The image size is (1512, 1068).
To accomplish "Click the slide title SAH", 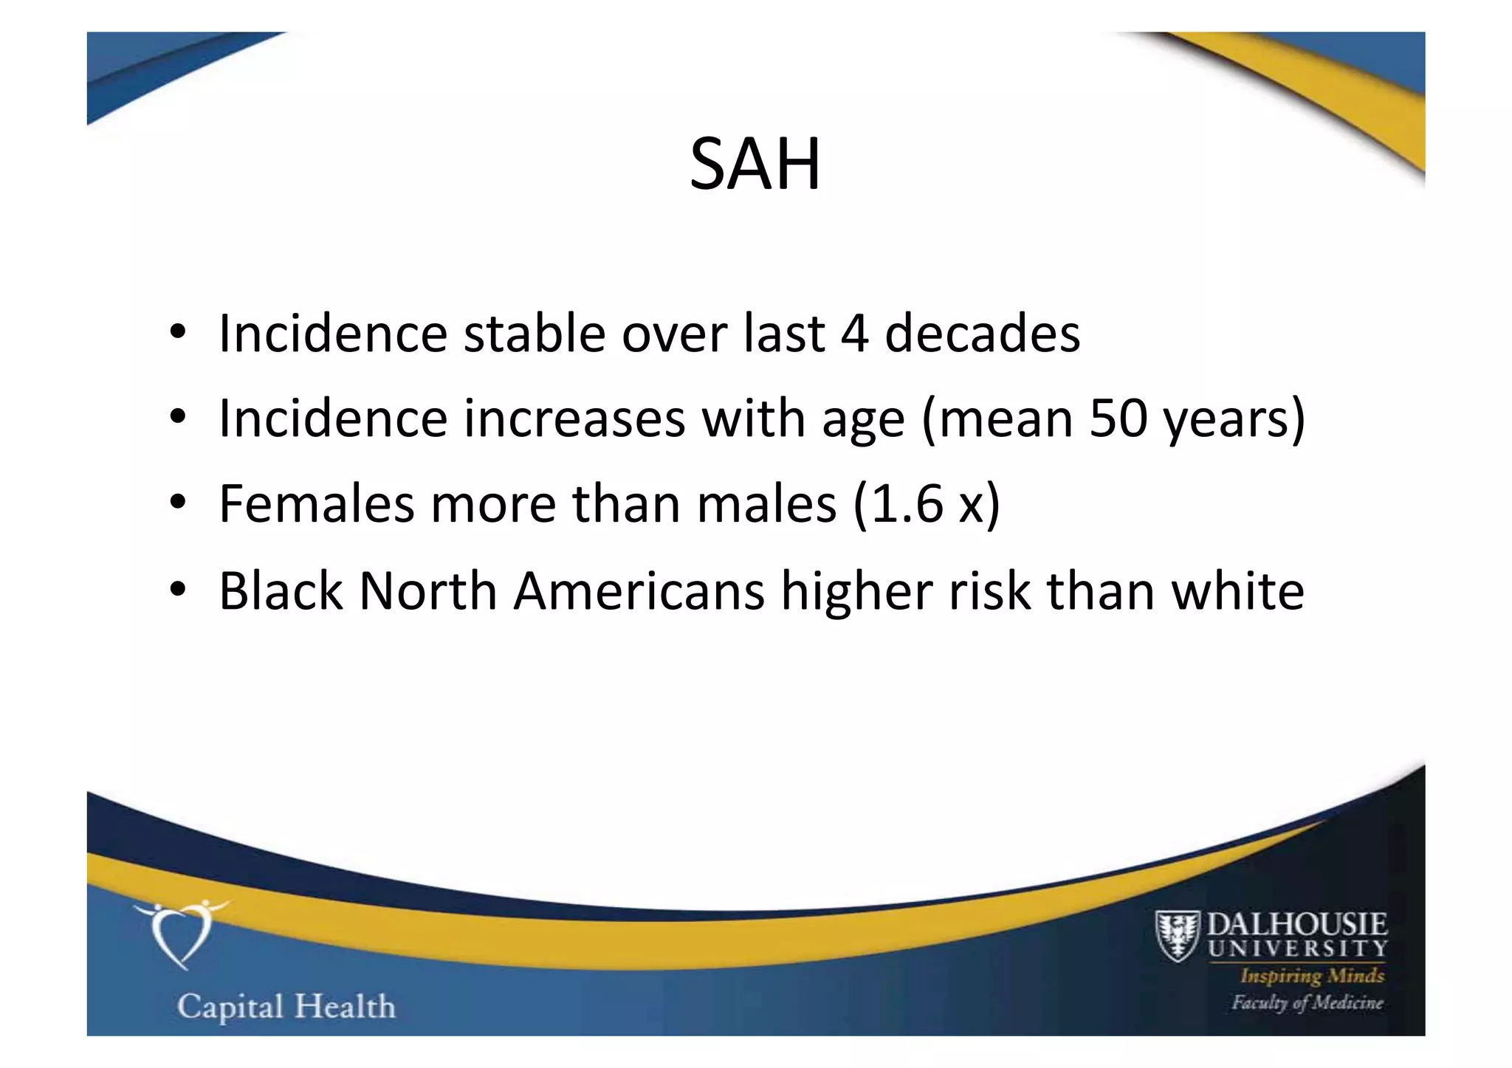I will coord(755,164).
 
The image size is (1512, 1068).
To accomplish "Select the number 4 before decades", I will coord(854,334).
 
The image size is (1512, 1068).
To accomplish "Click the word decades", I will coord(982,334).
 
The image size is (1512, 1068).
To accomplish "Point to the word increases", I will coord(574,419).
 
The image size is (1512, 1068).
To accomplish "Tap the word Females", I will coord(316,505).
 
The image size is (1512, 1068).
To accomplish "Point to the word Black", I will coord(281,591).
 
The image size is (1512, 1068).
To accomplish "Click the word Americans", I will coord(639,591).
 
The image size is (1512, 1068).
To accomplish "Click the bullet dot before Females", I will coord(177,503).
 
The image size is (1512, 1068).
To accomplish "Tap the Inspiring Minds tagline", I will coord(1312,976).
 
